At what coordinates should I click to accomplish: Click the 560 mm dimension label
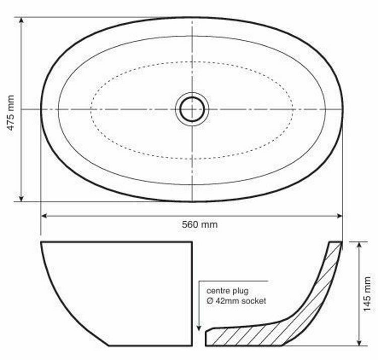pyautogui.click(x=200, y=224)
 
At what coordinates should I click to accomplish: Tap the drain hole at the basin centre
pyautogui.click(x=192, y=109)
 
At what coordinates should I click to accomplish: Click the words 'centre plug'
pyautogui.click(x=227, y=291)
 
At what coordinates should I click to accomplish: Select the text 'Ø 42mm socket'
pyautogui.click(x=236, y=301)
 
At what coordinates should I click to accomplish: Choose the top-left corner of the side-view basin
pyautogui.click(x=41, y=243)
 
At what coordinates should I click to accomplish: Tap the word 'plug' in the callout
pyautogui.click(x=240, y=291)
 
